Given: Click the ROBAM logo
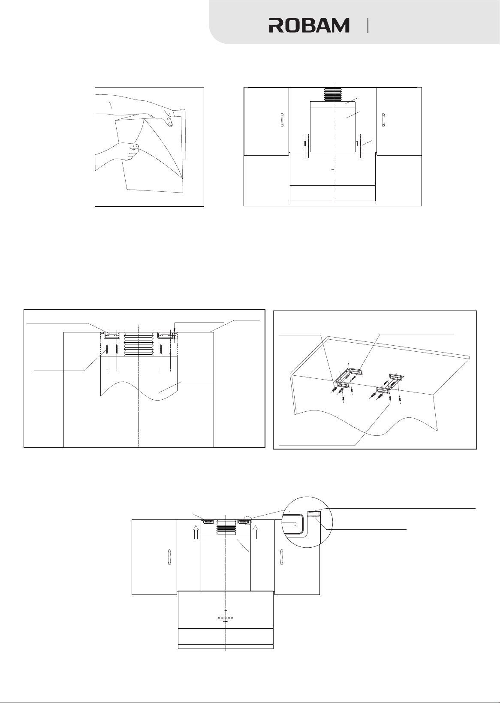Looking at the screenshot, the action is [309, 25].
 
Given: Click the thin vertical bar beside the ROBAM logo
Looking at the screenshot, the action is [367, 25].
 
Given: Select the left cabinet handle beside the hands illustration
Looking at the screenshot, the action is [282, 120].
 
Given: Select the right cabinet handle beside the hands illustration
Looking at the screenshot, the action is [383, 120].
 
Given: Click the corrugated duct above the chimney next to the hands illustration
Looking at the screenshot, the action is [333, 94].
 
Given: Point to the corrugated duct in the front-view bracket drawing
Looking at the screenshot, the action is [139, 344].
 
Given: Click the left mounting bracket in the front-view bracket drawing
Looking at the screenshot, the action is [111, 335].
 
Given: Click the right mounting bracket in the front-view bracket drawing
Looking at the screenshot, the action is [165, 335].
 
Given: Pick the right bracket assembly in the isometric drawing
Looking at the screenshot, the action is [389, 386].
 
